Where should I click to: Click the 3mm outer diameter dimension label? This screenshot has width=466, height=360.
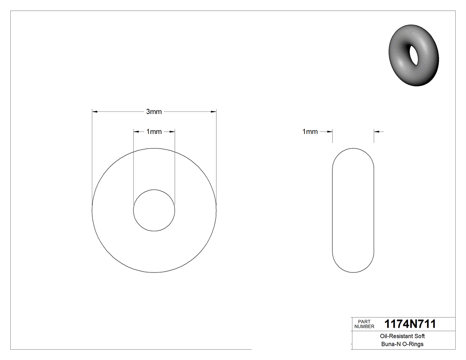(154, 112)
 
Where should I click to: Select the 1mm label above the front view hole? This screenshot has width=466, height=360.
(154, 131)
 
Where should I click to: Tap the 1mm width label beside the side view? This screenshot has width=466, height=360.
(310, 131)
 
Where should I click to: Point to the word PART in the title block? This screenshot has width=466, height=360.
(363, 321)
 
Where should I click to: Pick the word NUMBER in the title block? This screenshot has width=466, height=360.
(365, 327)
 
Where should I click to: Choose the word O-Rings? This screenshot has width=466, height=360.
(412, 344)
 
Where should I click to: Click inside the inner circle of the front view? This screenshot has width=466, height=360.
(154, 210)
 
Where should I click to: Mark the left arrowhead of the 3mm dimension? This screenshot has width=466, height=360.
(95, 112)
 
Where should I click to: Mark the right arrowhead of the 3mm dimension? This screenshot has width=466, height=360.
(213, 112)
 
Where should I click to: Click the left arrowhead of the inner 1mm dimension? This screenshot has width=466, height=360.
(136, 131)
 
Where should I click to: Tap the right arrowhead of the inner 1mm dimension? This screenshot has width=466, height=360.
(172, 131)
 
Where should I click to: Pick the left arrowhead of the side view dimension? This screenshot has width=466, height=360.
(330, 131)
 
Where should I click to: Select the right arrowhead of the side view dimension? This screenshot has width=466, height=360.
(376, 131)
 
